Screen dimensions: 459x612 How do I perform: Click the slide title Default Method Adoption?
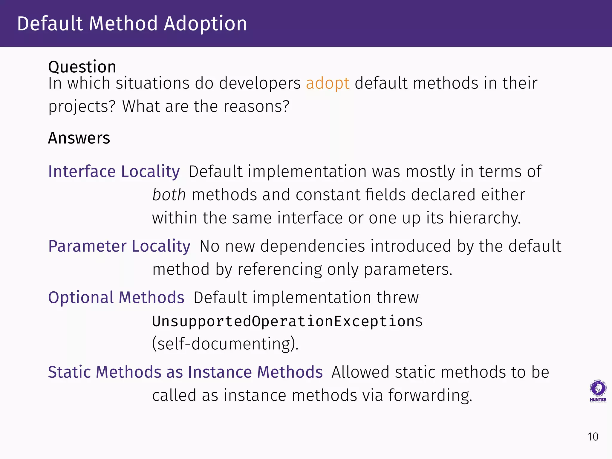pyautogui.click(x=132, y=24)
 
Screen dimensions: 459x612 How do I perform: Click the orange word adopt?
pyautogui.click(x=328, y=83)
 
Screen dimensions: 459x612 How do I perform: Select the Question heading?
pyautogui.click(x=82, y=67)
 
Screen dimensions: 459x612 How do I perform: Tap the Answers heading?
pyautogui.click(x=79, y=138)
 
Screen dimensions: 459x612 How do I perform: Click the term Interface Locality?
pyautogui.click(x=114, y=172)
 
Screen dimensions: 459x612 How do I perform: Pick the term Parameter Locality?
pyautogui.click(x=119, y=246)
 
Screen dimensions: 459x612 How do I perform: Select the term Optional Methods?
pyautogui.click(x=116, y=298)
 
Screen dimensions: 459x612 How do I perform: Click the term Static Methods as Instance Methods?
pyautogui.click(x=185, y=372)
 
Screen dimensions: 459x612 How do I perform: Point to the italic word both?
pyautogui.click(x=169, y=195)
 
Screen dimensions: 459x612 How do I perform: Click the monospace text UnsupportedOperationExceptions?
pyautogui.click(x=287, y=321)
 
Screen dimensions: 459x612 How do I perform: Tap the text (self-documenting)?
pyautogui.click(x=225, y=344)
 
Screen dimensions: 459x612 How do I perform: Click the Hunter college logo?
pyautogui.click(x=598, y=391)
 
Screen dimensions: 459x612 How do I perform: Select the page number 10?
pyautogui.click(x=593, y=437)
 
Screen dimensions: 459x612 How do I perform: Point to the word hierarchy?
pyautogui.click(x=485, y=218)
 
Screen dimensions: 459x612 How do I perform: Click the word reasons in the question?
pyautogui.click(x=256, y=106)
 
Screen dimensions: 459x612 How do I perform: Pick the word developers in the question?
pyautogui.click(x=260, y=83)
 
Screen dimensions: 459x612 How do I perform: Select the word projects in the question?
pyautogui.click(x=82, y=107)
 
